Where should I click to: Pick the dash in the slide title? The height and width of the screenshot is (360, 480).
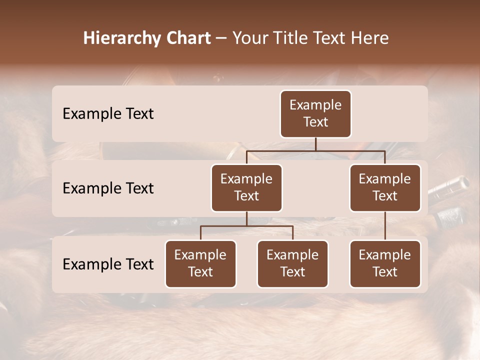pyautogui.click(x=221, y=39)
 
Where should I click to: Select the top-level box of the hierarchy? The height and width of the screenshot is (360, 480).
pyautogui.click(x=315, y=114)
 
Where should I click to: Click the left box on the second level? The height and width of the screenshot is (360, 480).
pyautogui.click(x=246, y=187)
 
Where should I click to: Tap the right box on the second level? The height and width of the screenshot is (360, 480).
pyautogui.click(x=385, y=187)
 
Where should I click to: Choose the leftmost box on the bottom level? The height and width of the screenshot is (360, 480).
pyautogui.click(x=200, y=263)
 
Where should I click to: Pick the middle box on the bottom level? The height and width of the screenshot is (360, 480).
pyautogui.click(x=292, y=263)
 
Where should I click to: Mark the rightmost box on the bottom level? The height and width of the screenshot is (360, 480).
pyautogui.click(x=385, y=263)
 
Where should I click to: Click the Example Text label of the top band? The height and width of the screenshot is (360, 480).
pyautogui.click(x=108, y=114)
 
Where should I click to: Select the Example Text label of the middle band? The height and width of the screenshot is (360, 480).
pyautogui.click(x=108, y=188)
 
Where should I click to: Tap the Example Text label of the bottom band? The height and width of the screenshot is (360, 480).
pyautogui.click(x=108, y=264)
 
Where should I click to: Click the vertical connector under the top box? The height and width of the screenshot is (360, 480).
pyautogui.click(x=315, y=144)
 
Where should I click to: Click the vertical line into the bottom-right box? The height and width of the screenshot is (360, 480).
pyautogui.click(x=385, y=226)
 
